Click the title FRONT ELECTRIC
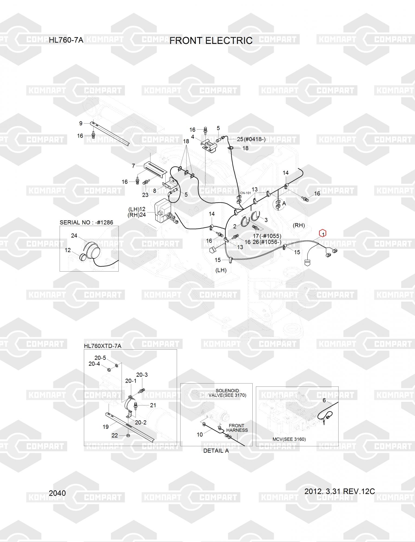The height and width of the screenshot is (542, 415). click(211, 41)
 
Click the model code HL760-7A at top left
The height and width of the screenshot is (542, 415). click(66, 40)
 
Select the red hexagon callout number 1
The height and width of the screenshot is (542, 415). click(323, 233)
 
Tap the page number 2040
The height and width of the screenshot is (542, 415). click(57, 493)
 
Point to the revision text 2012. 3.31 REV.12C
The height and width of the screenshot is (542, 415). click(339, 491)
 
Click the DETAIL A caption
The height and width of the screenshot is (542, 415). click(216, 451)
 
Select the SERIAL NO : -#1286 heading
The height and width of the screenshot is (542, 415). click(86, 222)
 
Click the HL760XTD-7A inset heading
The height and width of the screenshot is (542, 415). click(102, 346)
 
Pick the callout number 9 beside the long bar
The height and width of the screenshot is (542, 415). click(81, 124)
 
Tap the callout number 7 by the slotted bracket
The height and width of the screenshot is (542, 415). click(133, 166)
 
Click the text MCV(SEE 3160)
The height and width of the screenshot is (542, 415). click(289, 439)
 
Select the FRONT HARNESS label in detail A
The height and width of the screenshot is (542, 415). click(237, 428)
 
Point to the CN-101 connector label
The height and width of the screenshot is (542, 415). click(245, 193)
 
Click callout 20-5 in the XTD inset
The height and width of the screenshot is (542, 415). click(100, 358)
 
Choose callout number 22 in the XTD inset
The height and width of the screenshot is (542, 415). click(115, 435)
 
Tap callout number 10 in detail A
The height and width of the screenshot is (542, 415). click(200, 434)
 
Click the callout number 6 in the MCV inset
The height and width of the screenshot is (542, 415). click(324, 400)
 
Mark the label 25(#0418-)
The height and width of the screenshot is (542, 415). click(251, 139)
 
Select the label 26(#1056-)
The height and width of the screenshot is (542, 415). click(267, 242)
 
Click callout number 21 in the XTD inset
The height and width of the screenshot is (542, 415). click(153, 405)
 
